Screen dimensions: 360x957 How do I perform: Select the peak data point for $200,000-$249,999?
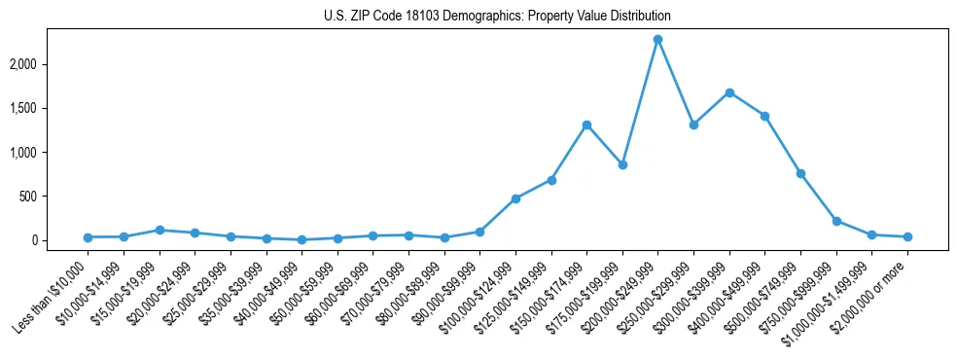[x=658, y=39]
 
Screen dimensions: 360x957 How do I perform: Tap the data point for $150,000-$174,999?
[x=586, y=125]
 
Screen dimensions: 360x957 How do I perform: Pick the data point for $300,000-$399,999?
[x=729, y=92]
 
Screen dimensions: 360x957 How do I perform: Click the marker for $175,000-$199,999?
[x=622, y=164]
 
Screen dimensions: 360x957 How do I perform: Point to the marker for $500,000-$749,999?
[x=800, y=173]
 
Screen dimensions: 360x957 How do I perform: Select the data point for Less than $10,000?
[x=89, y=237]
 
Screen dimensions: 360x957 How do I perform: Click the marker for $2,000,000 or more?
[x=907, y=236]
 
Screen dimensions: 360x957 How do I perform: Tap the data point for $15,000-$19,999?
[x=159, y=230]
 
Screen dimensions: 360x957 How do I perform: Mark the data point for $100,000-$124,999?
[x=515, y=198]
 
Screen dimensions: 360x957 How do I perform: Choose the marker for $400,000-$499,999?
[x=764, y=116]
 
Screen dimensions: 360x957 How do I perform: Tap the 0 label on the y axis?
[x=60, y=240]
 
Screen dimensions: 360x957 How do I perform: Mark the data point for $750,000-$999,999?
[x=836, y=221]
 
